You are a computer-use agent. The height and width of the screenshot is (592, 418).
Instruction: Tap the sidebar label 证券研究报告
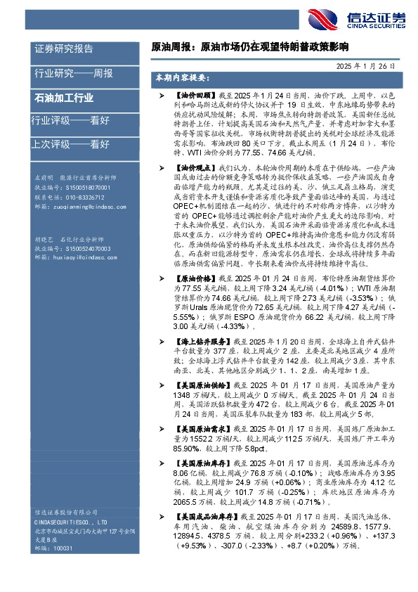pos(64,49)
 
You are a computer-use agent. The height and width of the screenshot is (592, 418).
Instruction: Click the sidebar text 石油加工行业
pos(64,98)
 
